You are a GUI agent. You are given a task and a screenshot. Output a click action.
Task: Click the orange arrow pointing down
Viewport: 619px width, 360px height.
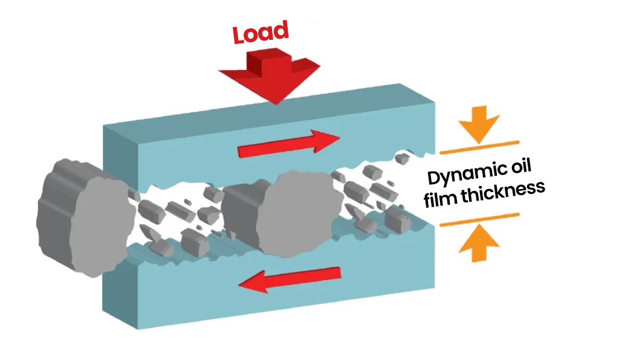coord(479,126)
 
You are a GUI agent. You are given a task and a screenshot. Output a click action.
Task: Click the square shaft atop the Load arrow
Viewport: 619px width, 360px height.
coord(267,60)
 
